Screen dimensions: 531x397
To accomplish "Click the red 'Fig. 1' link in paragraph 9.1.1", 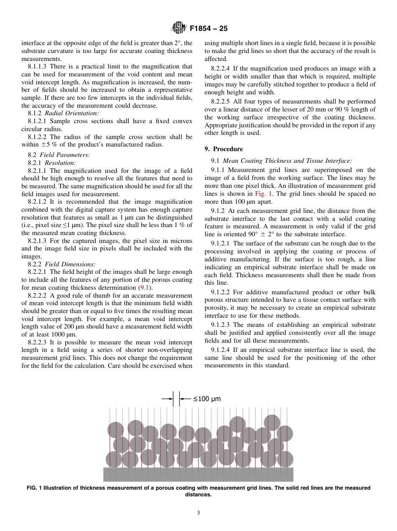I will point(262,194).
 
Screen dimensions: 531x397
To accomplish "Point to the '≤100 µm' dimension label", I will point(207,399).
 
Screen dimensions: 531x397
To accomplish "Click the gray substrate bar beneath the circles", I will point(198,474).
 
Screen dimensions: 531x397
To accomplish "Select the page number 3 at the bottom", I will point(198,513).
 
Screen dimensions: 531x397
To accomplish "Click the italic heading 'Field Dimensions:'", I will point(70,264).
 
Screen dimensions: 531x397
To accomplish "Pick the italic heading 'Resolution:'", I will point(60,163).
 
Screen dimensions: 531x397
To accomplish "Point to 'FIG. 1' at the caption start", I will point(34,488).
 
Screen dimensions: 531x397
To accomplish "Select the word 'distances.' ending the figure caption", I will point(198,495).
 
